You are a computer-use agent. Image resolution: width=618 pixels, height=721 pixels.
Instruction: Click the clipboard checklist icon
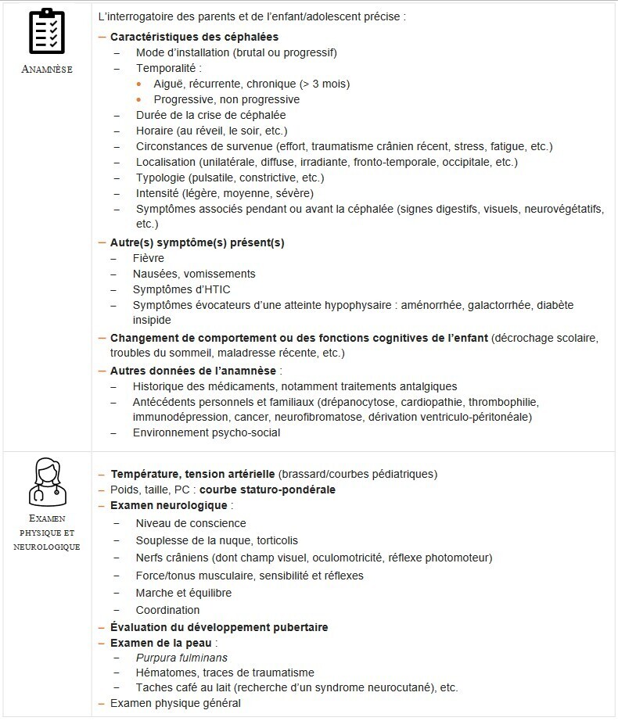tap(46, 32)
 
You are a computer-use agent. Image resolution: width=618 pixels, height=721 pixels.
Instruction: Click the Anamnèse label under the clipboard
tap(47, 69)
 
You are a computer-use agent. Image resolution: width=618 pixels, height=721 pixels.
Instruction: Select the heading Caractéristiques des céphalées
tap(194, 37)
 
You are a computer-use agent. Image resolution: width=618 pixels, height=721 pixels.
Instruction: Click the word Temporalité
tap(169, 68)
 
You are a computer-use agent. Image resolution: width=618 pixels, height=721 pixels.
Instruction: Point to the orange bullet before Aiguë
tap(139, 84)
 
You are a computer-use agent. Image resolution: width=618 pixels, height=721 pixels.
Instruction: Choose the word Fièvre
tap(149, 258)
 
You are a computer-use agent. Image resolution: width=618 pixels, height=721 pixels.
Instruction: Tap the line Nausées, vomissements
tap(194, 274)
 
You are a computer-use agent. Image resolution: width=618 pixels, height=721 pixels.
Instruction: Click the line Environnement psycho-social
tap(207, 432)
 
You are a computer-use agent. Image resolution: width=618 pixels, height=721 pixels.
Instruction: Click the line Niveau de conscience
tap(191, 523)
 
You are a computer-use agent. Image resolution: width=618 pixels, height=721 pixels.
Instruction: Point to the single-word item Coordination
tap(167, 610)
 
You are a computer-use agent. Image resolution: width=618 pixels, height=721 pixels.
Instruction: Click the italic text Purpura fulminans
tap(181, 658)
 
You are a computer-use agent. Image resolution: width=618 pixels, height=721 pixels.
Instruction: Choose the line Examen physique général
tap(175, 703)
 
